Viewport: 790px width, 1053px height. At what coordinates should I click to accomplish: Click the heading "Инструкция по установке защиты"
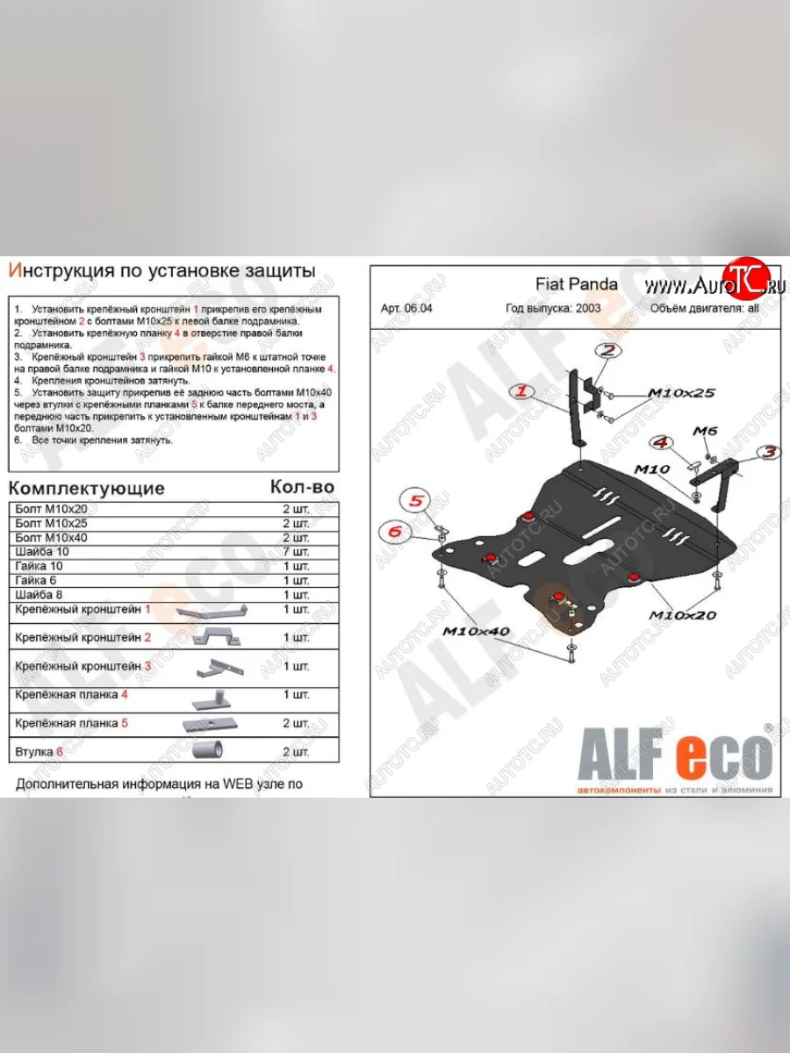coord(162,271)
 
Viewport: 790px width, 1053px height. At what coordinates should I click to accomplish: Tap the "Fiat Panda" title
coord(576,284)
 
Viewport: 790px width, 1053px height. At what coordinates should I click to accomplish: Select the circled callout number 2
coord(606,352)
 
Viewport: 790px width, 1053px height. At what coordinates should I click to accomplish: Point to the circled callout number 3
coord(770,453)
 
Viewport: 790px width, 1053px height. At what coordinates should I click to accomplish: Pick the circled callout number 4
coord(660,442)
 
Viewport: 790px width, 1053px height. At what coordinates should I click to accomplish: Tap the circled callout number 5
coord(415,501)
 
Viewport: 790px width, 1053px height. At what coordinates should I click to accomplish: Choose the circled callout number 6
coord(393,530)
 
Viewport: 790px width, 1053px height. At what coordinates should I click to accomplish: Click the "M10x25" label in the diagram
coord(680,393)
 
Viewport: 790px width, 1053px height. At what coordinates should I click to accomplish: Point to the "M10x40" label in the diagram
coord(475,631)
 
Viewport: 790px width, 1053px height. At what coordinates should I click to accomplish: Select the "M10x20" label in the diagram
coord(682,614)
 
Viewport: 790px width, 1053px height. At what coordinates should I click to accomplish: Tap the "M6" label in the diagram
coord(705,430)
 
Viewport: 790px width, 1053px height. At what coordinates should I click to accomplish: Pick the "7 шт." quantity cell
coord(295,551)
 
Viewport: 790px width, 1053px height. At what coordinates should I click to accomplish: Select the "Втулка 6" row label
coord(39,752)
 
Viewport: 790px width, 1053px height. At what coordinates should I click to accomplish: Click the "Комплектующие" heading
coord(86,488)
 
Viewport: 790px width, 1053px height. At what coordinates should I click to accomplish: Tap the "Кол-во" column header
coord(301,486)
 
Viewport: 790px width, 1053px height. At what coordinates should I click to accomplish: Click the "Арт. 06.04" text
coord(406,308)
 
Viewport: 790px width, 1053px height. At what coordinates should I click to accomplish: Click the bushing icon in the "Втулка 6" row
coord(208,750)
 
